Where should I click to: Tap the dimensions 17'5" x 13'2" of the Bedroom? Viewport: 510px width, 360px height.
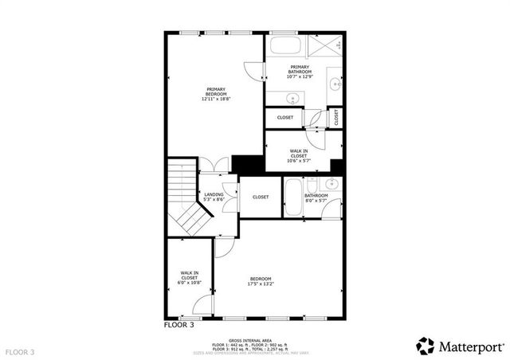261,283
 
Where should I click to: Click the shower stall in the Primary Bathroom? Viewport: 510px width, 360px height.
327,46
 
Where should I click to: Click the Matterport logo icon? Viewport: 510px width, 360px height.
426,346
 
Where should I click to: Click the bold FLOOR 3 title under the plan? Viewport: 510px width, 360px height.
178,325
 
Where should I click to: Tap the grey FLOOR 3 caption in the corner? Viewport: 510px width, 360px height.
20,351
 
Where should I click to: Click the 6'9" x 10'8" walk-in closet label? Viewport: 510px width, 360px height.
190,278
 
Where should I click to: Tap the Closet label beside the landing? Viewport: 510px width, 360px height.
260,197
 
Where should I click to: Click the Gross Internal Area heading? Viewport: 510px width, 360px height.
241,339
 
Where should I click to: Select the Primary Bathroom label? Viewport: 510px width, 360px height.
300,72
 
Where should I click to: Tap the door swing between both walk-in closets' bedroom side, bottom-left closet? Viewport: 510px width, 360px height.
206,303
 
